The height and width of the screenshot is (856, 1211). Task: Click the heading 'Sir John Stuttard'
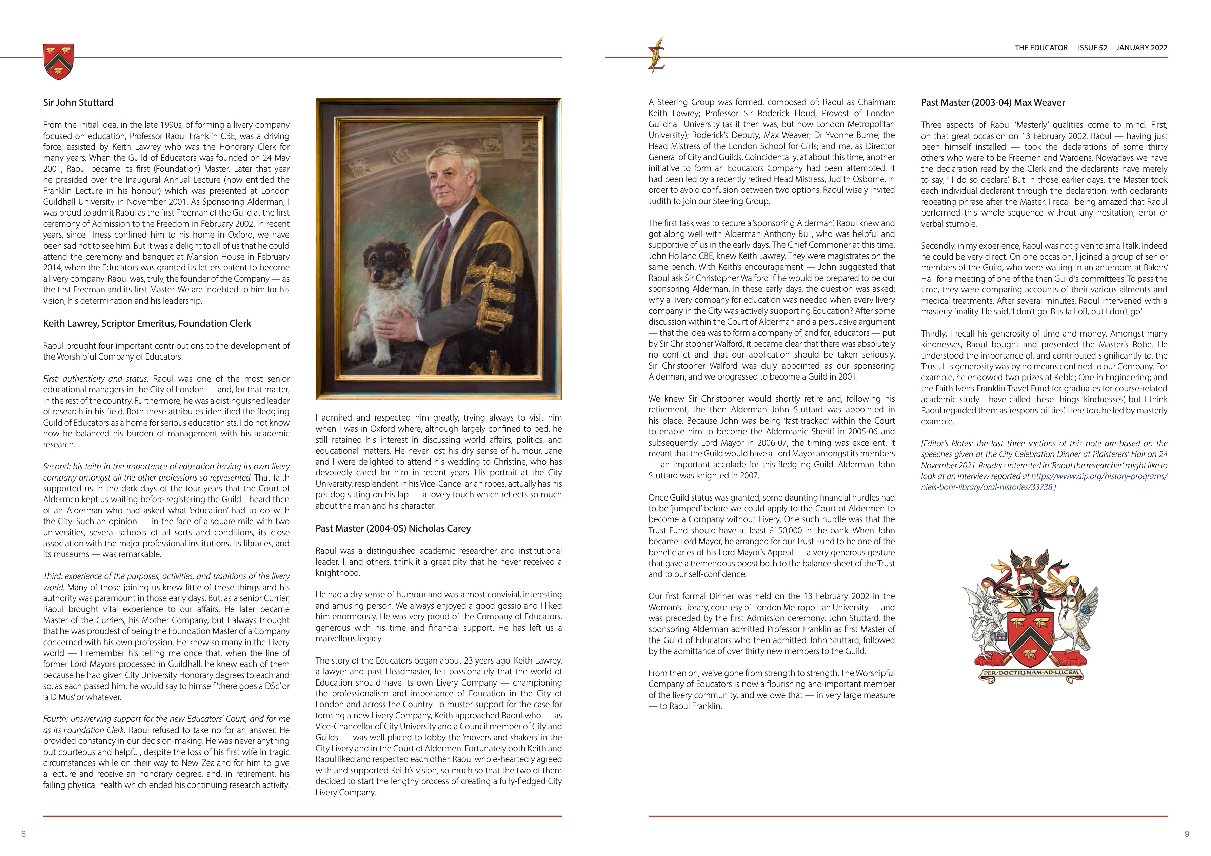coord(78,102)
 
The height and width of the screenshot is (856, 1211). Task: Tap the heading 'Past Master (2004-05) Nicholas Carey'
coord(393,528)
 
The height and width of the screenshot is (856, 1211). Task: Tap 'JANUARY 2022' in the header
coord(1141,48)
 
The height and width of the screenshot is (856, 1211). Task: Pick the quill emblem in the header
coord(657,55)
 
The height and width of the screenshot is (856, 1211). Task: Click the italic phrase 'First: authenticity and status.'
coord(97,379)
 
